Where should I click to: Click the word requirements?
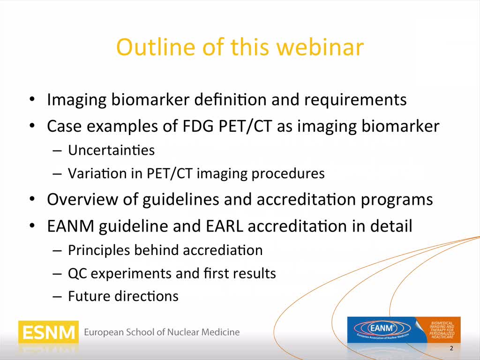[355, 100]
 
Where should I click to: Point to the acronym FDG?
[197, 126]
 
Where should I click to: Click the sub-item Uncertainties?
[111, 150]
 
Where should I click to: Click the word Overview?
[82, 199]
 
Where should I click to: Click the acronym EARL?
[225, 226]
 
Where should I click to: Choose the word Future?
[89, 296]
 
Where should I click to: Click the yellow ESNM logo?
[48, 332]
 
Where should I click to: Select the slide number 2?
[451, 348]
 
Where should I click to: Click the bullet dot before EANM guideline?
[32, 226]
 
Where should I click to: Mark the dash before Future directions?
[57, 297]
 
